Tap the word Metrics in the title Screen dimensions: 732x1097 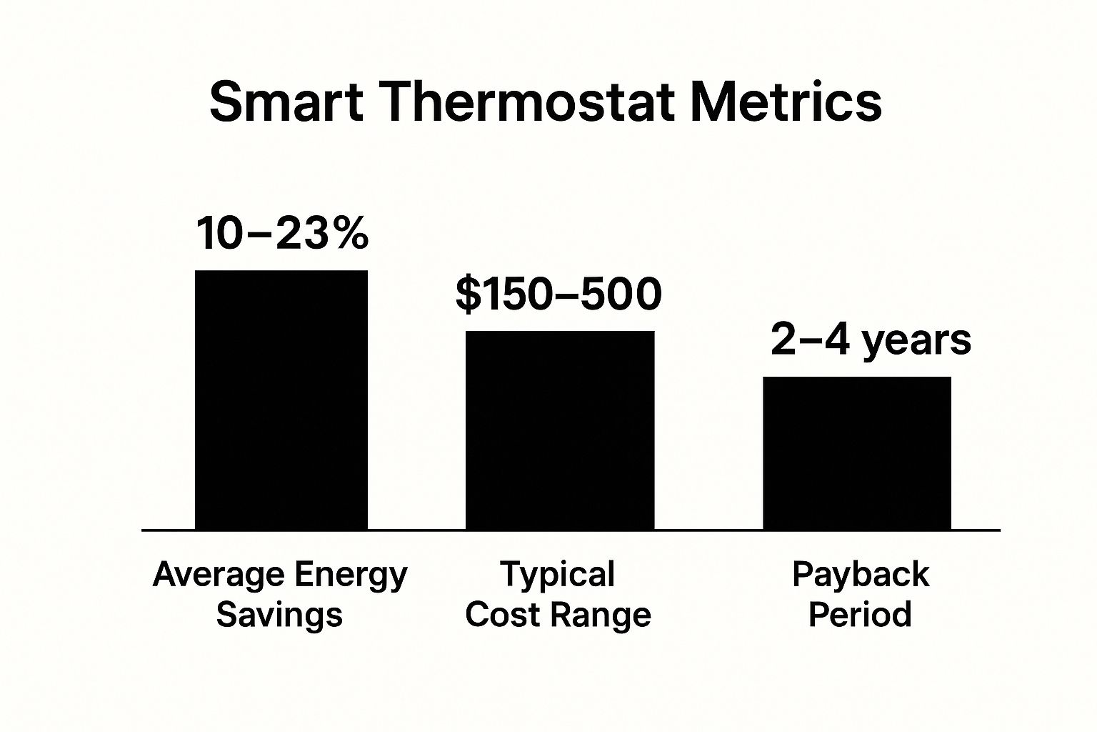point(785,102)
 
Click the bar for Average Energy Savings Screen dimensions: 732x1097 point(281,400)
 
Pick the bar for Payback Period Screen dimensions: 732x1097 point(857,453)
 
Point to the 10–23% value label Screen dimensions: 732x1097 point(281,234)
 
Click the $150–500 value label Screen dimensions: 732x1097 point(558,295)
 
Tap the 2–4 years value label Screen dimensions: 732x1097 point(871,340)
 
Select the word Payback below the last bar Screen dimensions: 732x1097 point(861,575)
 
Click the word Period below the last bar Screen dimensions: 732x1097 point(860,615)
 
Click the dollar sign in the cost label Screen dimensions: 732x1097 point(468,295)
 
